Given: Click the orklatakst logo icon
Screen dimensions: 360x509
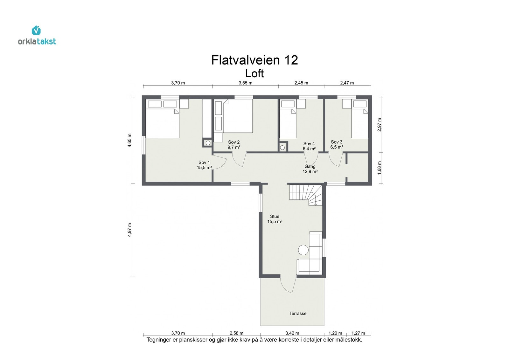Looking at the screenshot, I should coord(36,31).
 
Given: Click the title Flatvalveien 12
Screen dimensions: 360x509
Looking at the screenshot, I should coord(254,60).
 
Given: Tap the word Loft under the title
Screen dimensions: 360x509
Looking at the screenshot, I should coord(254,73).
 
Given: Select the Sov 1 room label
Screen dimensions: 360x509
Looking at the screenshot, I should coord(204,165).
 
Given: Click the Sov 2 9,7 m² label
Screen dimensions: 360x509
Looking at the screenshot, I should coord(234,145).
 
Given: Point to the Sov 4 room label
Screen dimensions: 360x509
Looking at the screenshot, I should coord(309,146).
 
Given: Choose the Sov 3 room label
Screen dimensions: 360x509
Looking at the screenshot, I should coord(337,144).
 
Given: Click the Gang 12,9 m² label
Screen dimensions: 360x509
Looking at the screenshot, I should coord(310,169).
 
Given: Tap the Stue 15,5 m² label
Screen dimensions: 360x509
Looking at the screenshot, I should coord(275,219).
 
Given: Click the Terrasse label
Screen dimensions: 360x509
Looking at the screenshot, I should coord(298,313).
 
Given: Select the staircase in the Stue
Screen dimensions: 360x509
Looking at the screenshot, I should coord(305,195).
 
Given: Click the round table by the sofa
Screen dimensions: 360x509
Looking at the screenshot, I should coord(303,250).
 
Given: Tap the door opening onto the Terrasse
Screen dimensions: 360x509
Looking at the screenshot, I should coord(288,284).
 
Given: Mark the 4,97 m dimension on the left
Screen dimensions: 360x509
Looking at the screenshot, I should coord(129,230).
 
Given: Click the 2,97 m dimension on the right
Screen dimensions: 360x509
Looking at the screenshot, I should coord(379,124).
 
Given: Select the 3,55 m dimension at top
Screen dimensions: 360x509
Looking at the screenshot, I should coord(245,83).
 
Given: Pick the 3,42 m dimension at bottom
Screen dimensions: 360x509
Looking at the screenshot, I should coord(292,333).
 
